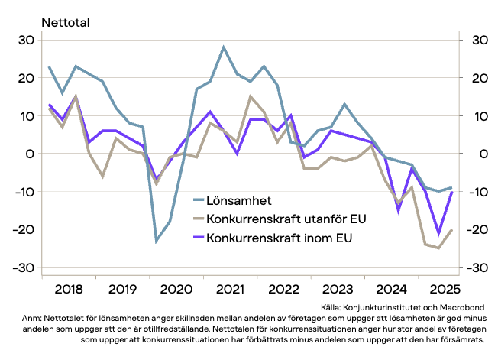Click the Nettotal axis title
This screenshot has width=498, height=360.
66,22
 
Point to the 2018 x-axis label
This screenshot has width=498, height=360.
69,290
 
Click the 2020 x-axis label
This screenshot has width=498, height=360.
176,290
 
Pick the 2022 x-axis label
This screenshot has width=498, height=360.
283,290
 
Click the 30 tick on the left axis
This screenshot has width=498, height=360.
27,41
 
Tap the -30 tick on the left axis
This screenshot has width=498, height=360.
24,268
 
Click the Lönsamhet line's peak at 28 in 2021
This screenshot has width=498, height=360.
224,47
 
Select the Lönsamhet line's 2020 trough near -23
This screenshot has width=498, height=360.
157,241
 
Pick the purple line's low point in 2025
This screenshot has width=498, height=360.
438,233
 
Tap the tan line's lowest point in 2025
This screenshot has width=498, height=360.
438,248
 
